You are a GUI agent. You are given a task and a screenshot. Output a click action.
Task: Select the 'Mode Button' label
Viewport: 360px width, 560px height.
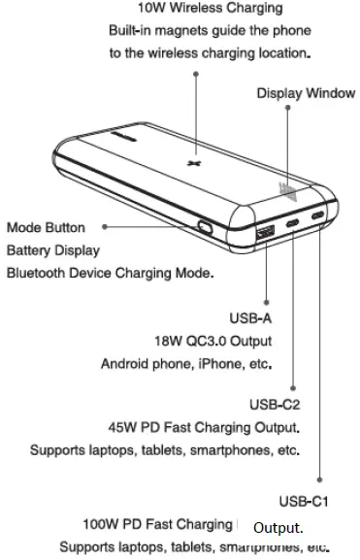[x=46, y=228]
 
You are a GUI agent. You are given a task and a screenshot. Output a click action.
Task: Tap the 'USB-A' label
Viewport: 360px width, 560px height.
[x=250, y=317]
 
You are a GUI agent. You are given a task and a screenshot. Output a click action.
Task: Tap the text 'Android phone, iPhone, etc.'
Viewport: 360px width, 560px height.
[x=186, y=365]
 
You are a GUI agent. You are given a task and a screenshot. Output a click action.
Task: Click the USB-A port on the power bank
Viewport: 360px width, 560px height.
[x=266, y=233]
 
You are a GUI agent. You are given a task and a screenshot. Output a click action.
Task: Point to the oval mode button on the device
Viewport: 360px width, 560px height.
[x=206, y=229]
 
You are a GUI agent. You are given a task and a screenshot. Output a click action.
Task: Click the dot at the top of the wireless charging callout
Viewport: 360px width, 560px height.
[x=196, y=72]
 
